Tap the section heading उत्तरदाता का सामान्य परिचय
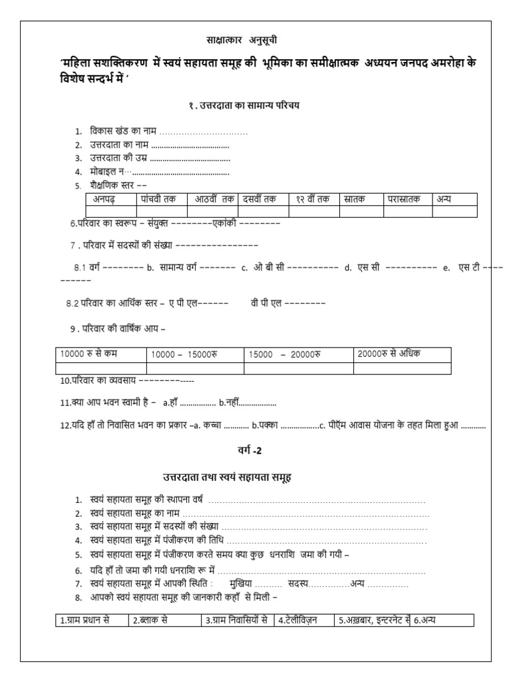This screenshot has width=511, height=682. coord(249,105)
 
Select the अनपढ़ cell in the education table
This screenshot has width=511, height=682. coord(106,198)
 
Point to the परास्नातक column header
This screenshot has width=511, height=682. coord(404,198)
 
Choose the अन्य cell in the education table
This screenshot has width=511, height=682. coord(444,198)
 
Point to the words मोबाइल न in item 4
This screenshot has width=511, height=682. coord(106,172)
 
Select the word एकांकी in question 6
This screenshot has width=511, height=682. coord(224,224)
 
